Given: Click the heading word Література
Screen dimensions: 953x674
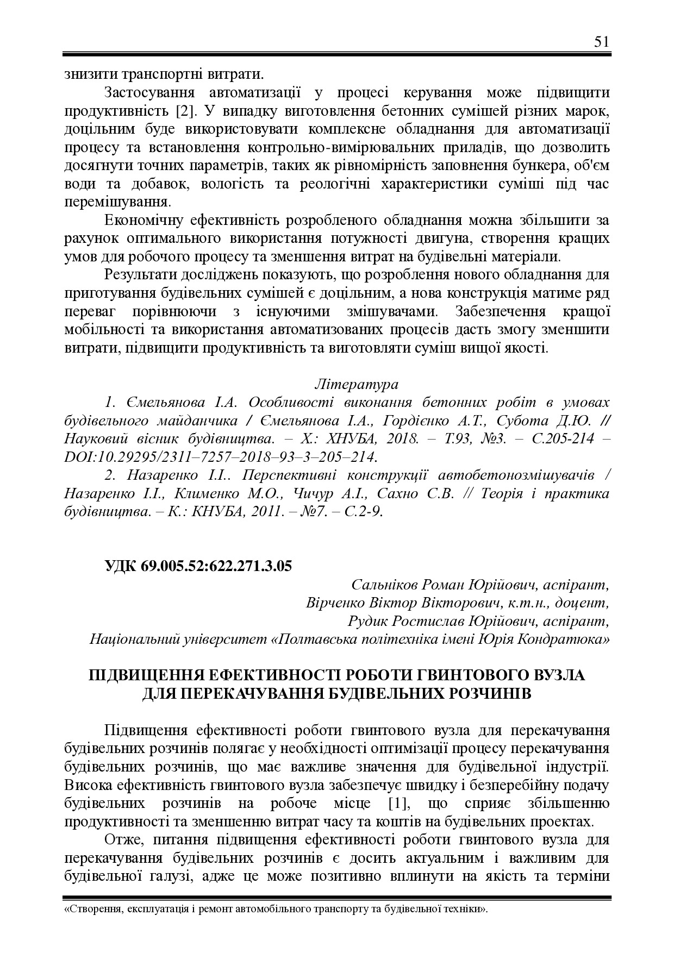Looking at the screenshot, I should [x=357, y=384].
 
